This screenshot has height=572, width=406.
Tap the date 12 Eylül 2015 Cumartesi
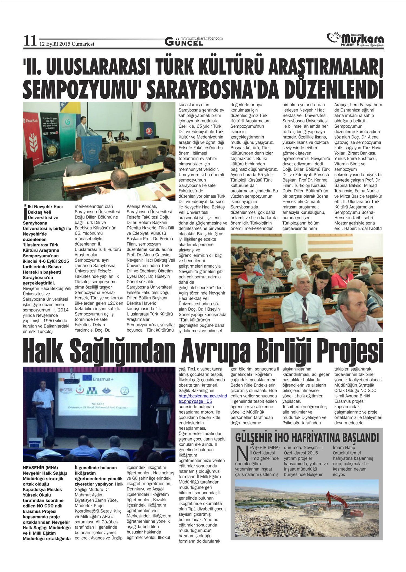point(67,44)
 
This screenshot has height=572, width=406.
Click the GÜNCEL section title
point(184,43)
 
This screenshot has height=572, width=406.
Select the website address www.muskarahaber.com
point(202,38)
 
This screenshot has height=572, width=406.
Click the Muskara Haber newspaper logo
point(355,40)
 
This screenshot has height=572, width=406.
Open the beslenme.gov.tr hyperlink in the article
point(203,399)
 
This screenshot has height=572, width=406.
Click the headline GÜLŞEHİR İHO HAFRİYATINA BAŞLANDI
point(307,438)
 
